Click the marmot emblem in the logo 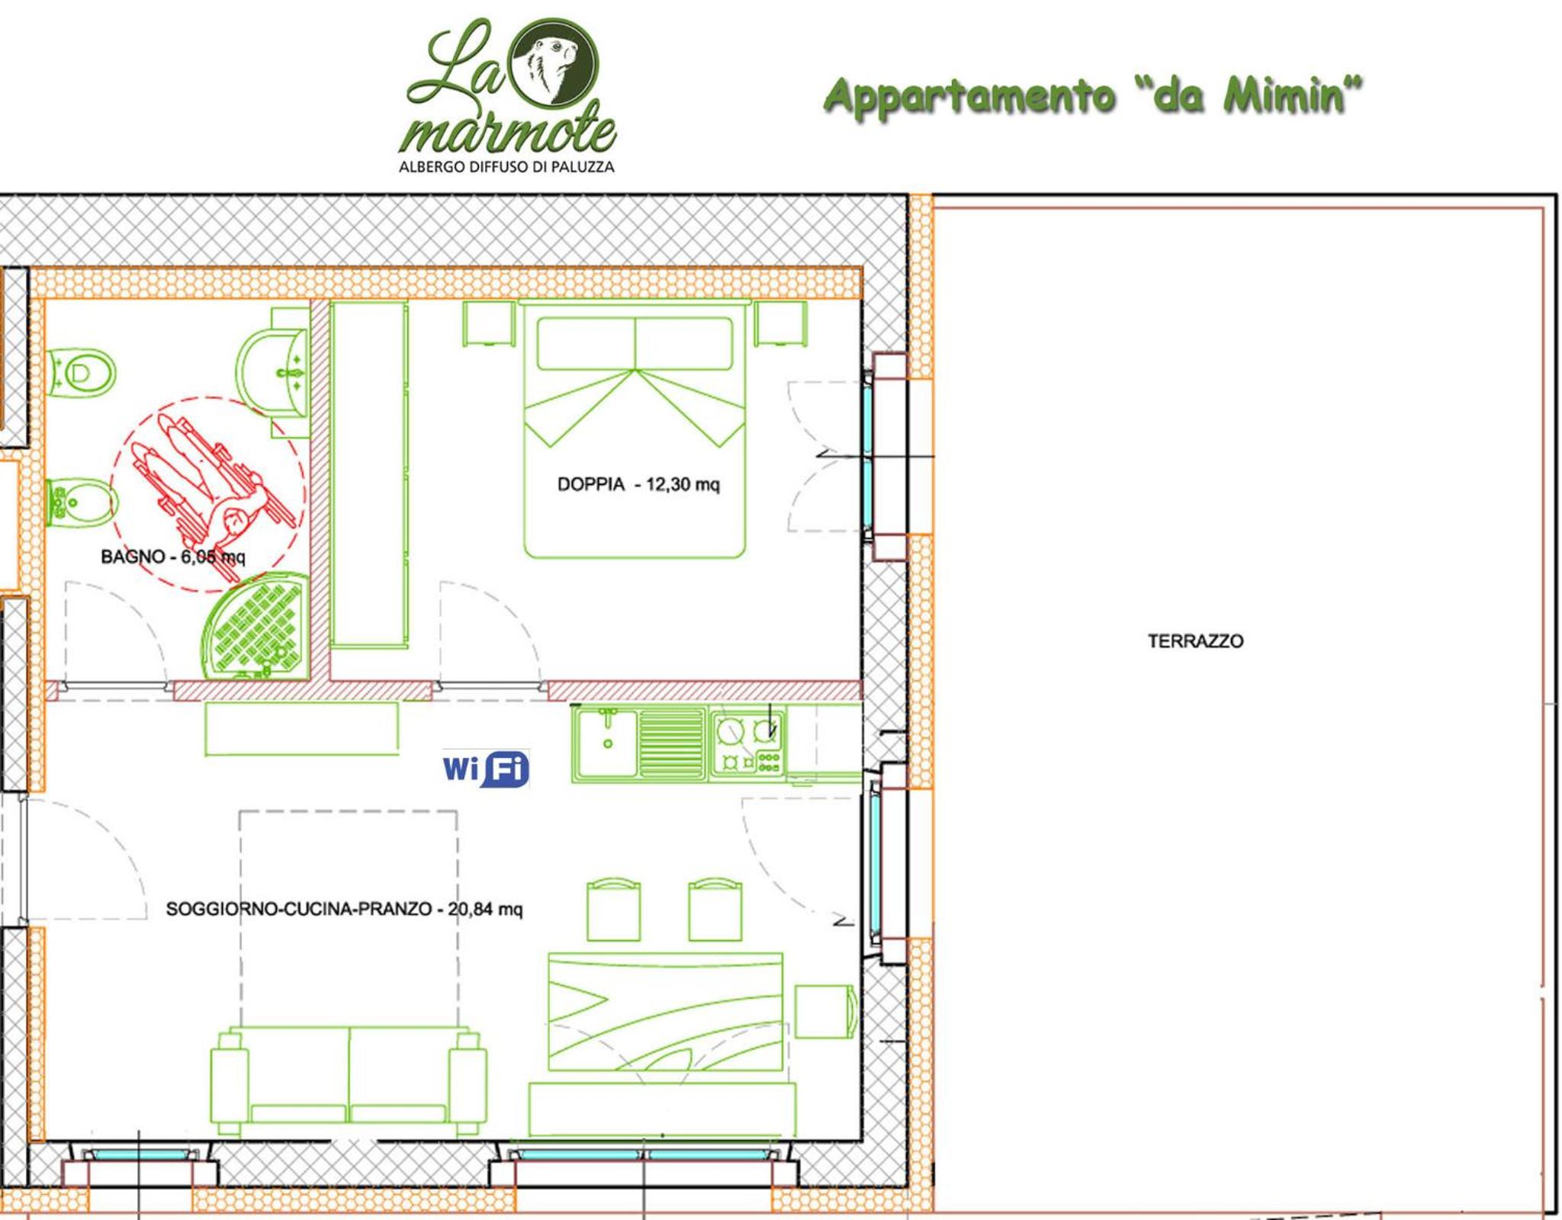click(x=554, y=62)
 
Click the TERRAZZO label click(x=1195, y=641)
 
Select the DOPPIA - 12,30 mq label click(x=638, y=484)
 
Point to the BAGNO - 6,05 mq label click(x=173, y=557)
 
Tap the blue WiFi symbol click(x=486, y=769)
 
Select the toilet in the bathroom click(x=81, y=374)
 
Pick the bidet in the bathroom click(x=82, y=502)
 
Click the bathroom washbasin click(x=272, y=373)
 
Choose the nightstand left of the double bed click(x=489, y=324)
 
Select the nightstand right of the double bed click(x=780, y=324)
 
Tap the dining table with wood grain click(x=666, y=1012)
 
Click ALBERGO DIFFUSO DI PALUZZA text click(x=506, y=166)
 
